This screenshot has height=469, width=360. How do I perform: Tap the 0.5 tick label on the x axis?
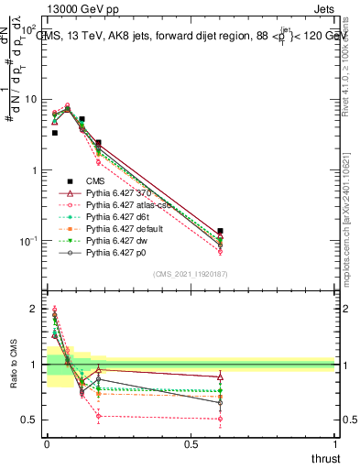coord(191,443)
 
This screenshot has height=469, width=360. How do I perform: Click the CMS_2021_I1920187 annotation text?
coord(190,274)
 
